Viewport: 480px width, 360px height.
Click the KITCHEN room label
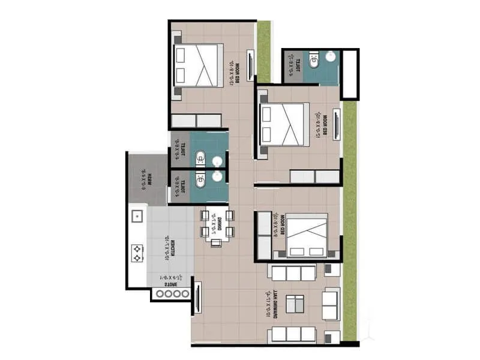pos(173,246)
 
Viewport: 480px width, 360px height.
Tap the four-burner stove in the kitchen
pos(137,252)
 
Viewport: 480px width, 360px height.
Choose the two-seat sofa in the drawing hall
pos(331,304)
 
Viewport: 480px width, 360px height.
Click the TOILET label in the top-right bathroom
pos(292,66)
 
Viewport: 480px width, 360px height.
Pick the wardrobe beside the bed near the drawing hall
pos(264,236)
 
